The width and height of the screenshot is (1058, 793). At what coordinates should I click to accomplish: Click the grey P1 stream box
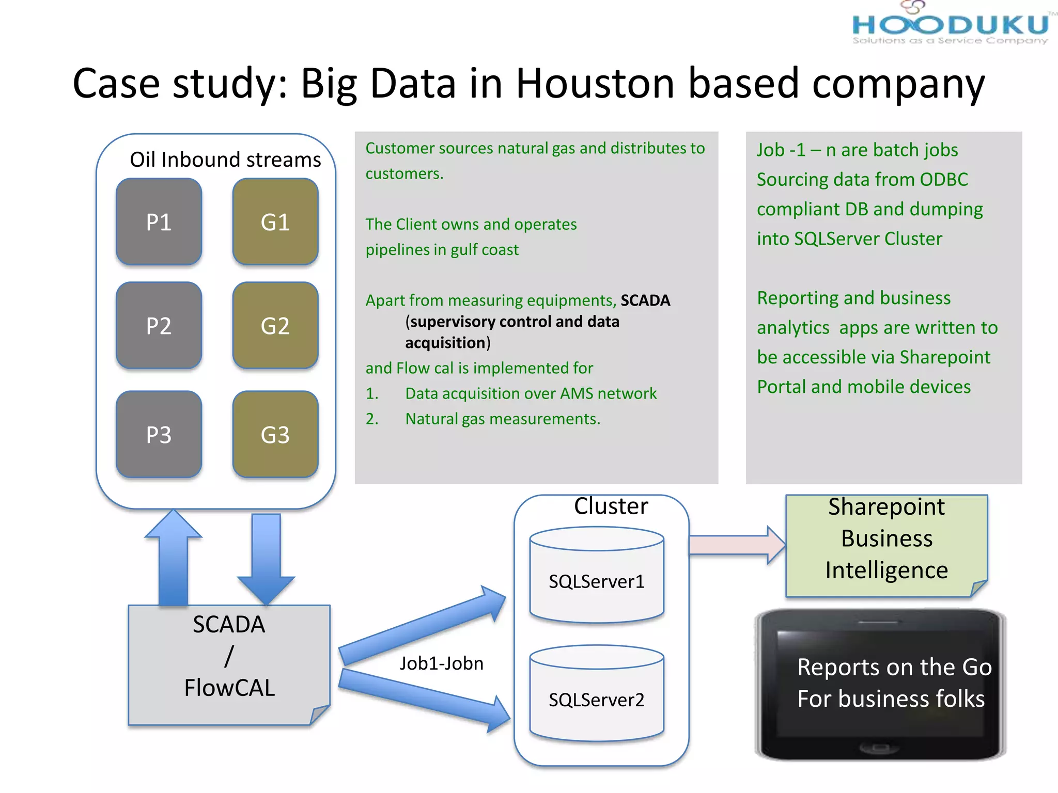point(159,222)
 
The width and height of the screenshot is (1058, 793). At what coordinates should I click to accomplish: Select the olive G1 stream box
point(275,222)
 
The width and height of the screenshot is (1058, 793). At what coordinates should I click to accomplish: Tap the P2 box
point(159,326)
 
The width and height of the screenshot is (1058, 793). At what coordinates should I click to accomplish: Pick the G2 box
point(275,326)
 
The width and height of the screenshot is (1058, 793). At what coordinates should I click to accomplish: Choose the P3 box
point(159,435)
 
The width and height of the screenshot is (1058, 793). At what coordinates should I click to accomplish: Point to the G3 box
point(275,435)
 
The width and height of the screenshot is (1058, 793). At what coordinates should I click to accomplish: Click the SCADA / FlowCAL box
point(229,665)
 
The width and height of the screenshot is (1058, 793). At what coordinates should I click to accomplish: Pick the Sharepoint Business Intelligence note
point(886,545)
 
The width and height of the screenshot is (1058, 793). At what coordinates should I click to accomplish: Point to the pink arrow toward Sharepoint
point(737,545)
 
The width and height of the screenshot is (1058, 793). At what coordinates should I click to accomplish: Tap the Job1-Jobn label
point(441,663)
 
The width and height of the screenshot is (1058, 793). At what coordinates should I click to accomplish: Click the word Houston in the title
point(596,83)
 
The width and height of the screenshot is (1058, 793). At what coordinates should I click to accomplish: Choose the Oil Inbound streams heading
point(225,160)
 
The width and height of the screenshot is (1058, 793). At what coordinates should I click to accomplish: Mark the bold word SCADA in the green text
point(645,300)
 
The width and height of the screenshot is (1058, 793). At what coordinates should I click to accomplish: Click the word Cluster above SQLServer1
point(611,506)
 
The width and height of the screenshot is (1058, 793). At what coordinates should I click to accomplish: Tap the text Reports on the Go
point(894,667)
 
